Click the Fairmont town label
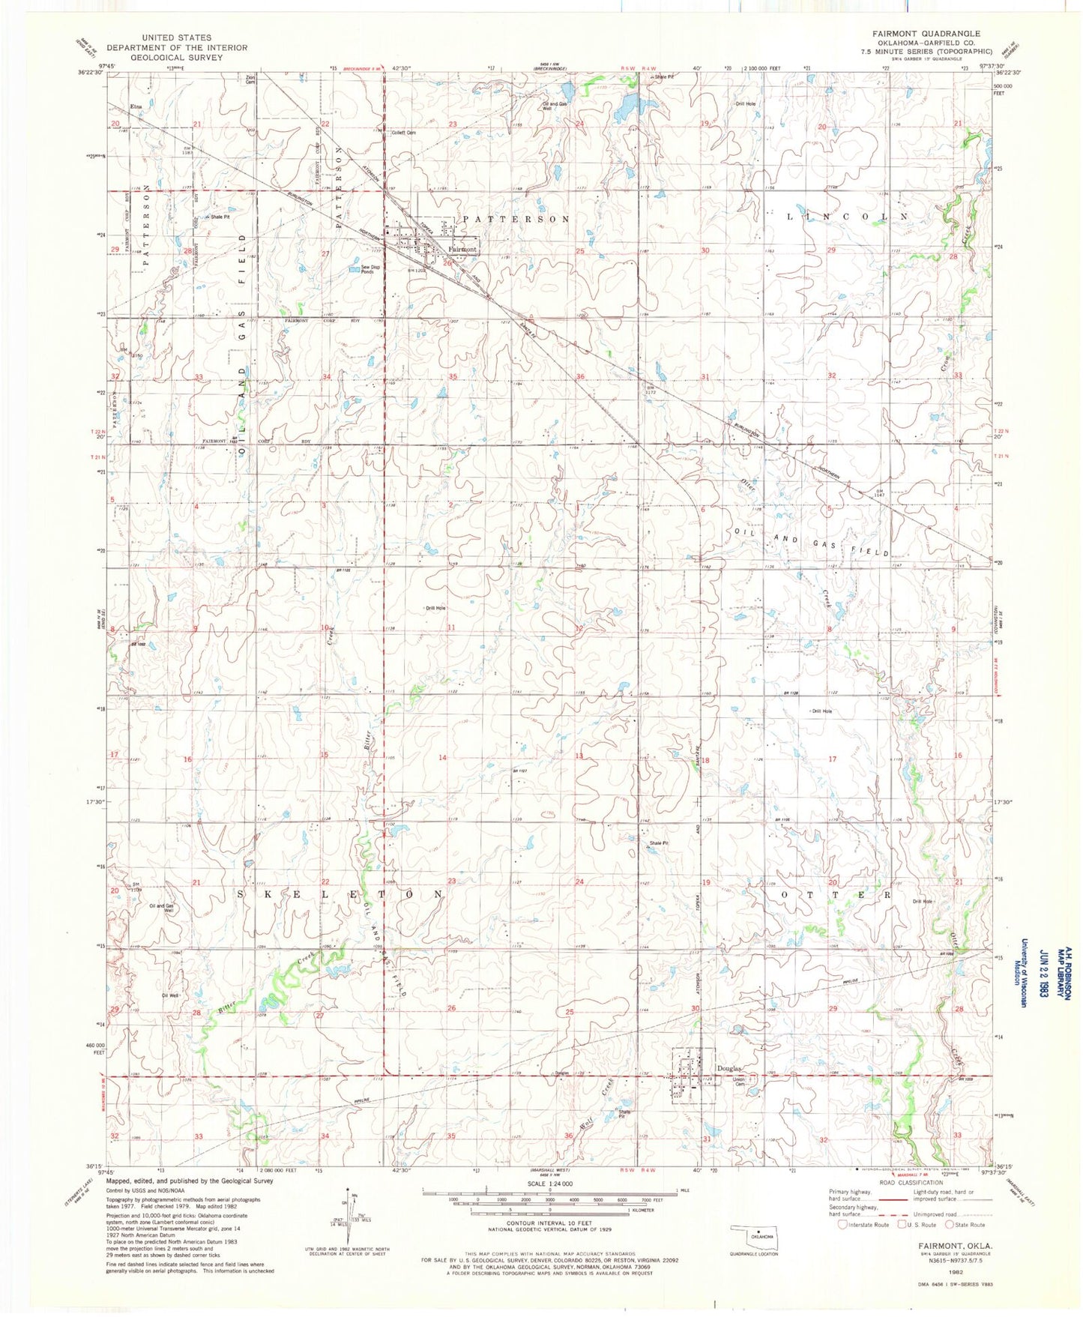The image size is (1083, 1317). [462, 249]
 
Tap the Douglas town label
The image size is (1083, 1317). [728, 1068]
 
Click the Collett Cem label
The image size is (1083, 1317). [404, 133]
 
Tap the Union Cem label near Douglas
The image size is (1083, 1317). [739, 1082]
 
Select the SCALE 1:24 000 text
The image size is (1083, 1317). [550, 1184]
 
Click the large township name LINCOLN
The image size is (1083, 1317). [847, 216]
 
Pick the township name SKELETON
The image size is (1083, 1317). [341, 894]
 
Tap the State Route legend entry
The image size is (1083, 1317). [965, 1225]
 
